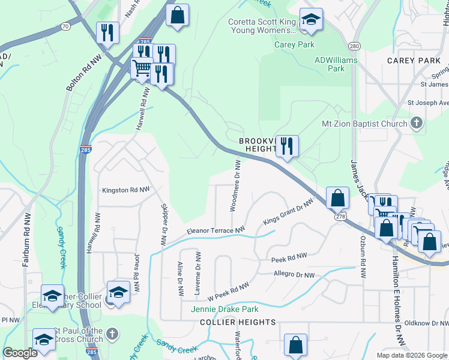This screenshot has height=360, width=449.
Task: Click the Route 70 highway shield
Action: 65,26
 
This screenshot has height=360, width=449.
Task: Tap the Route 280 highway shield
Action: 354,46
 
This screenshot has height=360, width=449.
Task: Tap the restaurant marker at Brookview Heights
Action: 287,146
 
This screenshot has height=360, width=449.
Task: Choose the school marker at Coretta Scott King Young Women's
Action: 311,20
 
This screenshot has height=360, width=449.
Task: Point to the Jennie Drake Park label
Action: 224,310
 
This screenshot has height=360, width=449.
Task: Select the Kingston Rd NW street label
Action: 124,190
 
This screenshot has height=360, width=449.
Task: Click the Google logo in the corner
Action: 20,353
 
